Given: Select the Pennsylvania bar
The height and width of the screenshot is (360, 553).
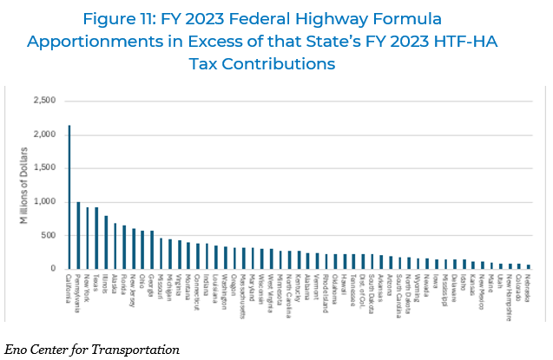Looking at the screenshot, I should click(x=78, y=235).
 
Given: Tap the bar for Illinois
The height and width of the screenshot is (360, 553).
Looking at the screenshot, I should click(x=106, y=242).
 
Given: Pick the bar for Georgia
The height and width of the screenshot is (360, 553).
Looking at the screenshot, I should click(x=152, y=250).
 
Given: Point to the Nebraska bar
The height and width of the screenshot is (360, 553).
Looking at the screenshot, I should click(x=529, y=266).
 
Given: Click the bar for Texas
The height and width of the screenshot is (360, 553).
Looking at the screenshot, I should click(x=96, y=238).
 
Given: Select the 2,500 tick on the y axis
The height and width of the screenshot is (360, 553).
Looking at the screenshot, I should click(x=43, y=101).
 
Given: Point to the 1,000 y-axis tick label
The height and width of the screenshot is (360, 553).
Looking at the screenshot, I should click(x=43, y=202).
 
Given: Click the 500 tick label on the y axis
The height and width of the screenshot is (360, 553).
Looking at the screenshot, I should click(x=48, y=235).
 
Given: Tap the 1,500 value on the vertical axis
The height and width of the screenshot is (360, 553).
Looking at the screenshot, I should click(x=43, y=168).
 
